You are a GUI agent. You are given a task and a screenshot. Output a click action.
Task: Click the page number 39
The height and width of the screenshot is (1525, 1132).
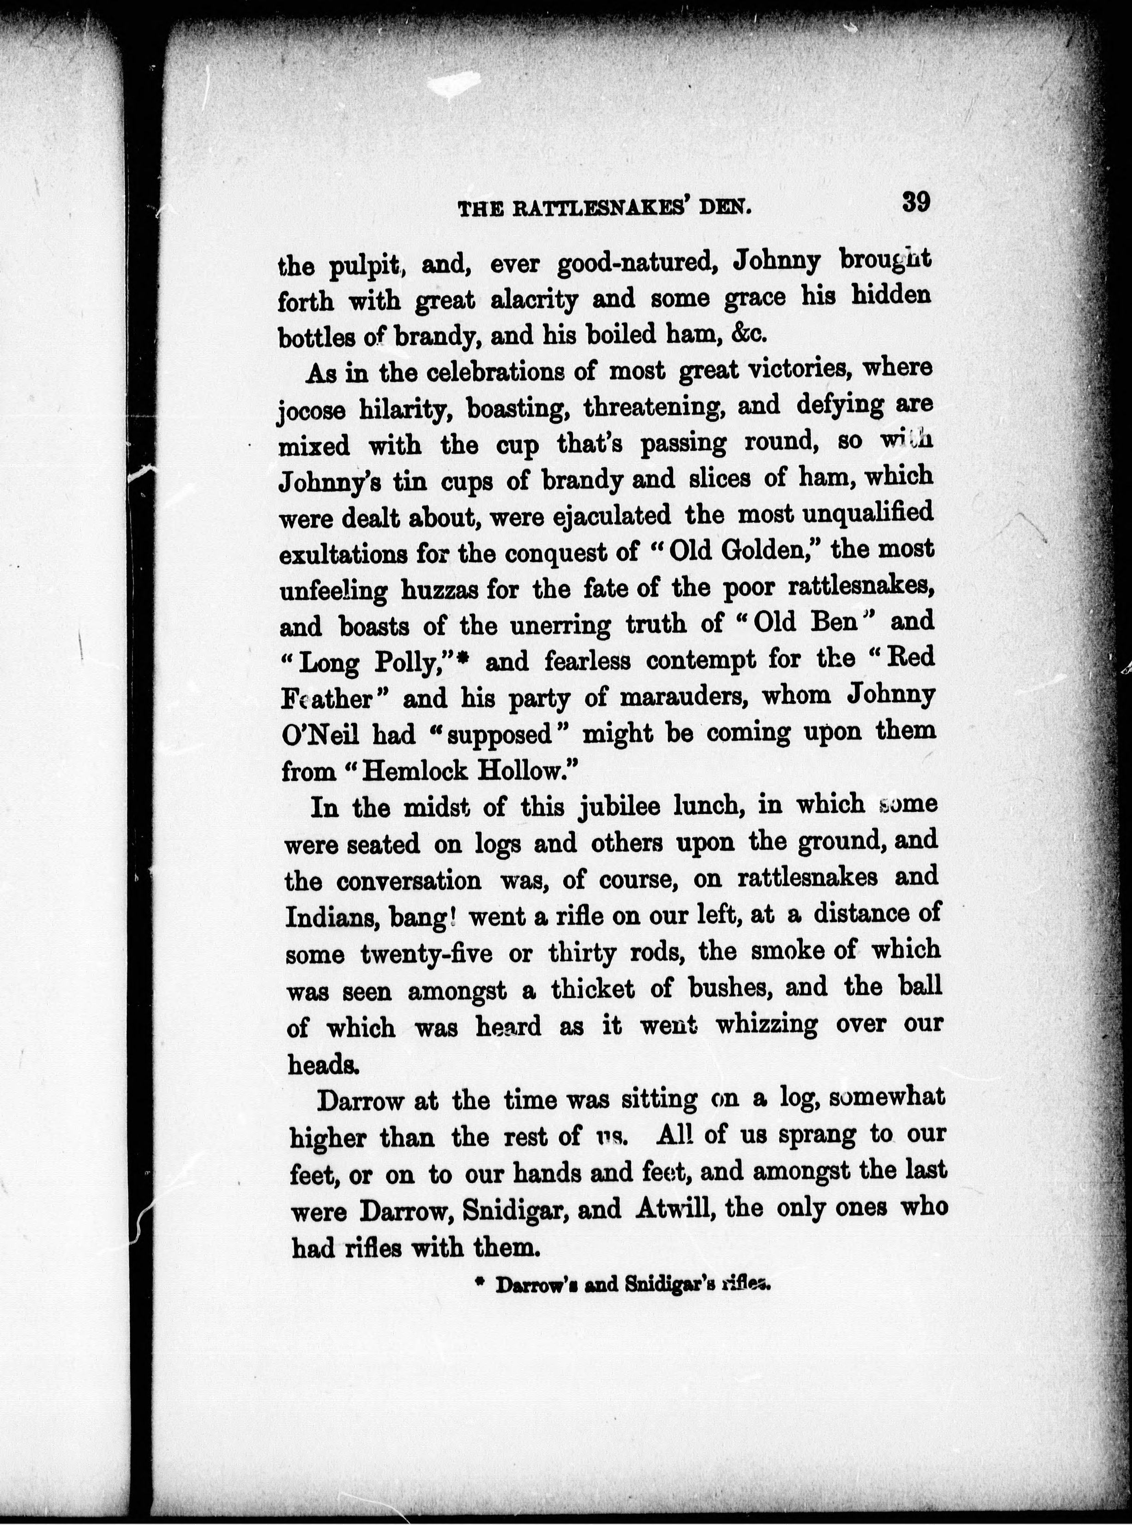pyautogui.click(x=915, y=202)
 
